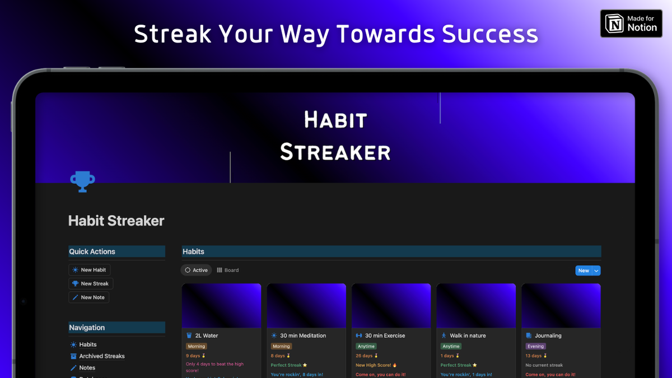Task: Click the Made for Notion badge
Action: click(631, 24)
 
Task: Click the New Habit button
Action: click(90, 270)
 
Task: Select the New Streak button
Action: click(91, 284)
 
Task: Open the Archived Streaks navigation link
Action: click(101, 356)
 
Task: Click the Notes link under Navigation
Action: click(87, 368)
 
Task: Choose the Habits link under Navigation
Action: click(87, 344)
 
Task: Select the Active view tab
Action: click(196, 270)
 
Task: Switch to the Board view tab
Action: click(228, 270)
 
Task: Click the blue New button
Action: click(584, 270)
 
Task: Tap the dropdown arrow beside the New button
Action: click(596, 270)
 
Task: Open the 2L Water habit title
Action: click(206, 335)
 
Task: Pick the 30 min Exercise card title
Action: click(385, 335)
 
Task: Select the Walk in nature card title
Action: click(468, 335)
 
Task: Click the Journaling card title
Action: click(548, 335)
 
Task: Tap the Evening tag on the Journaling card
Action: click(535, 347)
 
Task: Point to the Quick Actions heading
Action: click(92, 251)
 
